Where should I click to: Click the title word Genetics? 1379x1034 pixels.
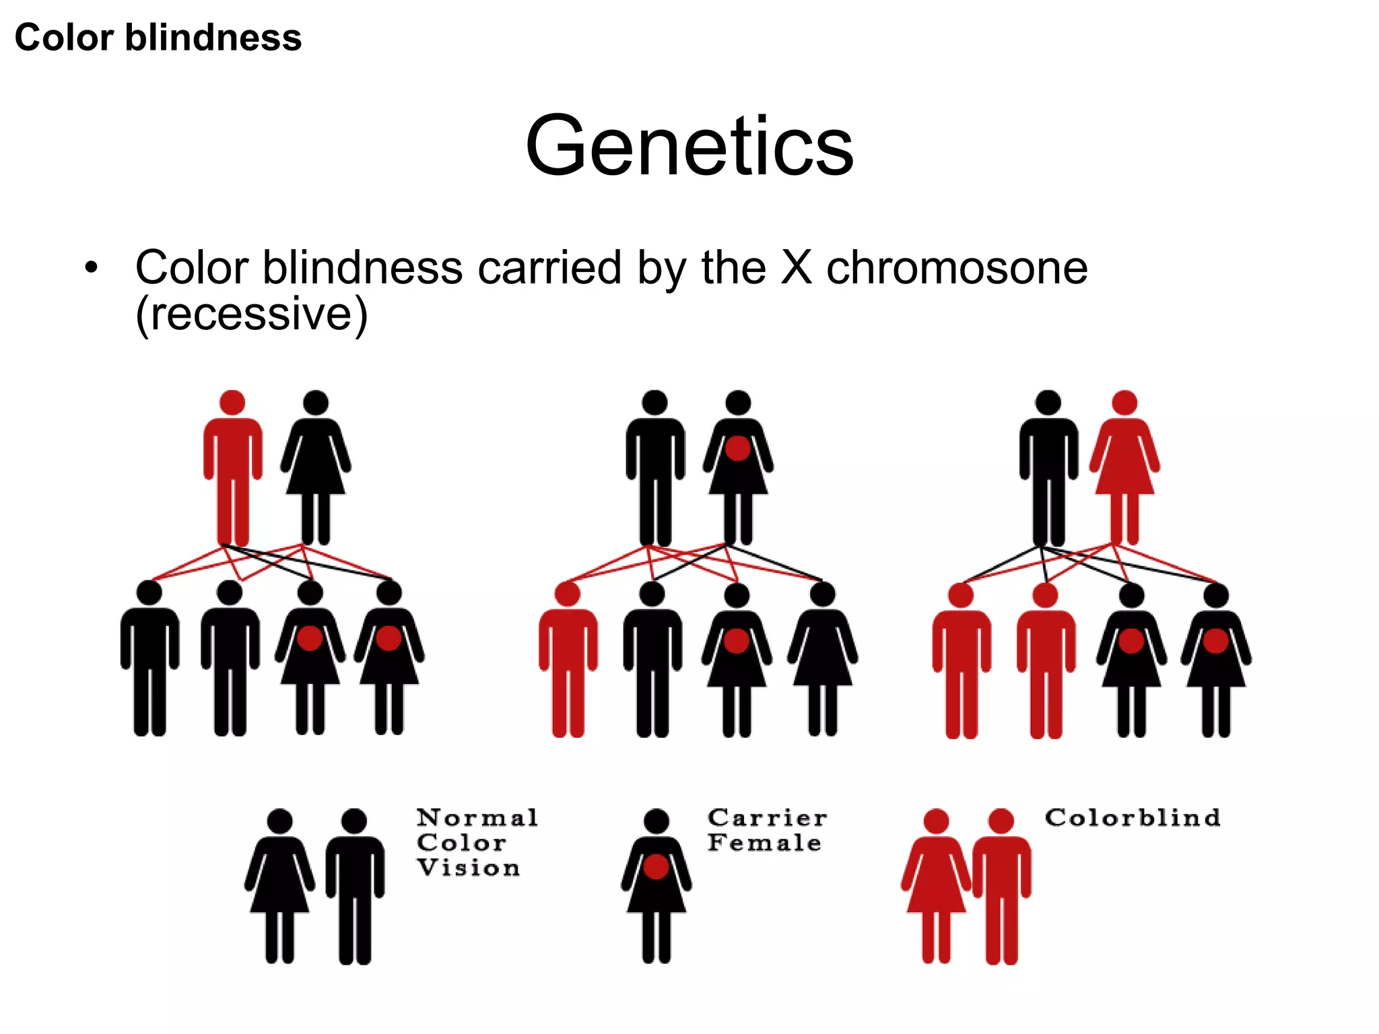click(689, 146)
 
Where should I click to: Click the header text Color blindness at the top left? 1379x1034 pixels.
click(158, 38)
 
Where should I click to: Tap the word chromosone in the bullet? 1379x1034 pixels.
click(956, 268)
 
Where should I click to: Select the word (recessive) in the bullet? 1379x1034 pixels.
click(251, 314)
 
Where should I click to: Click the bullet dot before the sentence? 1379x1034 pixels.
click(91, 268)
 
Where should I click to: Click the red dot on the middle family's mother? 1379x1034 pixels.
click(738, 448)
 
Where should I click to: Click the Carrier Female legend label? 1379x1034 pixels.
click(766, 830)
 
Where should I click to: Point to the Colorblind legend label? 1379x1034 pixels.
click(1133, 818)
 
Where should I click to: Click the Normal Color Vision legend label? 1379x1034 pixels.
click(477, 843)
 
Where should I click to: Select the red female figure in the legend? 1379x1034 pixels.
click(936, 882)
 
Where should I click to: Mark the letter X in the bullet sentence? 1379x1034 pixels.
click(797, 268)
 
